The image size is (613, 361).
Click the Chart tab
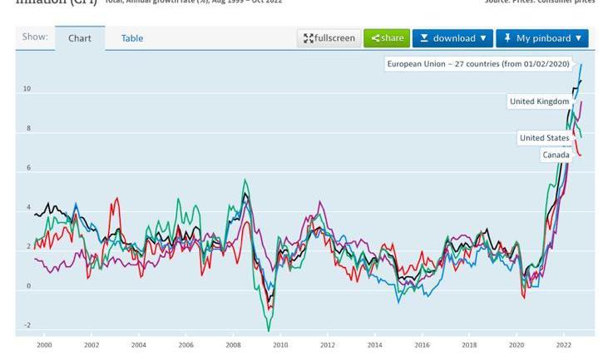pos(80,38)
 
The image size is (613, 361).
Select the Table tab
pos(132,38)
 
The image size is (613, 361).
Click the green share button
pos(387,38)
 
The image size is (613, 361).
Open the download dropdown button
pos(452,38)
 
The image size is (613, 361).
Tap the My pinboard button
pos(542,38)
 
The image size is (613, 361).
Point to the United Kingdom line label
pos(539,101)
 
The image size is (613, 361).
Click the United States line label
pos(544,137)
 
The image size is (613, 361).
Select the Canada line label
pos(556,155)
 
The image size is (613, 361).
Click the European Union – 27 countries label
pos(477,64)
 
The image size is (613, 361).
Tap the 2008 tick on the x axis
pos(234,344)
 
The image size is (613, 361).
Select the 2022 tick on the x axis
pos(564,344)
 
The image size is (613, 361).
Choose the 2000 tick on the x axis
pos(44,344)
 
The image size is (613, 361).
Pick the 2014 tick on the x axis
pos(375,344)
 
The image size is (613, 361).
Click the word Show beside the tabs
pos(34,37)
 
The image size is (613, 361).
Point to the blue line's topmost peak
pos(581,64)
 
